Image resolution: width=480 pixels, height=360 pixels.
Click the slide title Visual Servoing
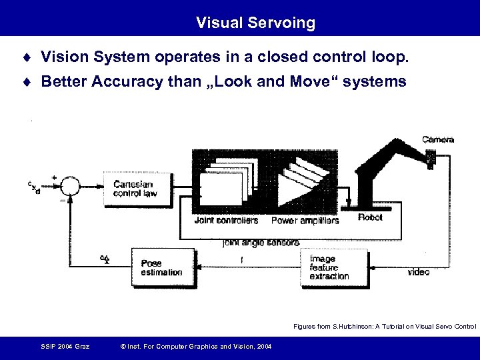tap(255, 23)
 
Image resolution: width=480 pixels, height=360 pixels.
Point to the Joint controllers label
tap(227, 221)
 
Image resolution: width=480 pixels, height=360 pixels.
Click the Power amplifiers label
tap(305, 221)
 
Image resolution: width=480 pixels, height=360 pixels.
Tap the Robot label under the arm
tap(371, 217)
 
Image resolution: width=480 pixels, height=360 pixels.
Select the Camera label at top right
tap(438, 139)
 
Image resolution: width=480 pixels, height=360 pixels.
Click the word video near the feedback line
tap(419, 271)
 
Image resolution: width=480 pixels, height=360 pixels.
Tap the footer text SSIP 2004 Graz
tap(65, 345)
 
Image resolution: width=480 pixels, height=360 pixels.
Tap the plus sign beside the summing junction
tap(54, 177)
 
